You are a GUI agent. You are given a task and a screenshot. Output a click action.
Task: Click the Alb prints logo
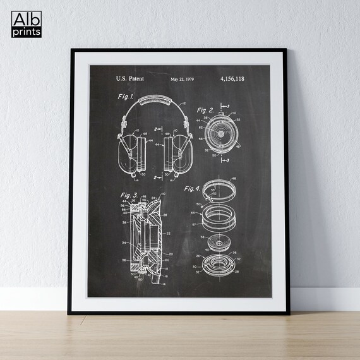pyautogui.click(x=27, y=23)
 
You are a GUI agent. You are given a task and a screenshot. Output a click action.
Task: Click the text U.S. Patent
pyautogui.click(x=129, y=78)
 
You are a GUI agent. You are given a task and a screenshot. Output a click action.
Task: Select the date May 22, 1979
pyautogui.click(x=184, y=79)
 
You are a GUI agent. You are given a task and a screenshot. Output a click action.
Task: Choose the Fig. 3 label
pyautogui.click(x=129, y=195)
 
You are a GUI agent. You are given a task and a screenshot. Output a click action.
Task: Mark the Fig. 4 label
pyautogui.click(x=193, y=188)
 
